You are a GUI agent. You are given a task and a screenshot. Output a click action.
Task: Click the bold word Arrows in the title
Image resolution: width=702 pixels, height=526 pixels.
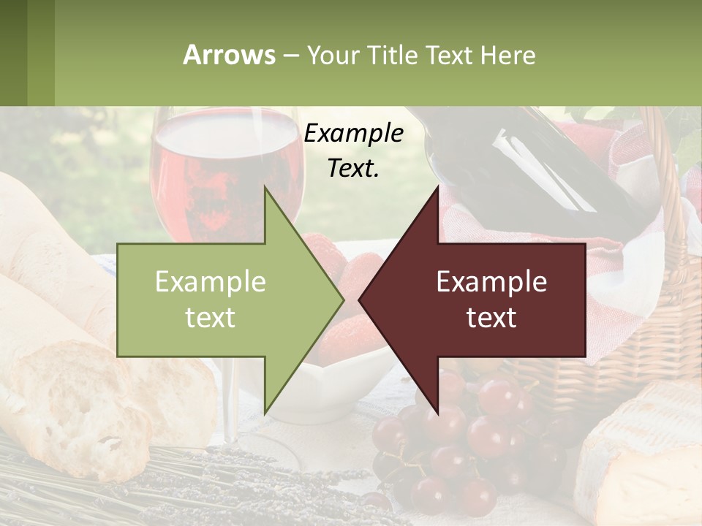pyautogui.click(x=230, y=55)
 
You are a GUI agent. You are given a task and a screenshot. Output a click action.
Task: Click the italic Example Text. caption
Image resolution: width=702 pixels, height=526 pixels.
pyautogui.click(x=354, y=150)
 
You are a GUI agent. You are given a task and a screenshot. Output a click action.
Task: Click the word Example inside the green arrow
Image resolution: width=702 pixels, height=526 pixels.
pyautogui.click(x=211, y=282)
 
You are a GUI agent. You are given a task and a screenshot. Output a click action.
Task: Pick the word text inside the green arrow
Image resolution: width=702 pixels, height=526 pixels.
pyautogui.click(x=211, y=317)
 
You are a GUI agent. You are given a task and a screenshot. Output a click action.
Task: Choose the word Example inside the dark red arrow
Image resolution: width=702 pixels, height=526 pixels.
pyautogui.click(x=491, y=282)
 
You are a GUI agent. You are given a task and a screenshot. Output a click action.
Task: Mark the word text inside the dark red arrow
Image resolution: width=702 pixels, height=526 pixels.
pyautogui.click(x=491, y=317)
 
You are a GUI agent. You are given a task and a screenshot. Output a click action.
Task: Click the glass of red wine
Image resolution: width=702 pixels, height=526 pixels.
pyautogui.click(x=219, y=168)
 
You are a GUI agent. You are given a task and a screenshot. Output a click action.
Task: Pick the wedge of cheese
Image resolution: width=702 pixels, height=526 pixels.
pyautogui.click(x=643, y=453)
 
